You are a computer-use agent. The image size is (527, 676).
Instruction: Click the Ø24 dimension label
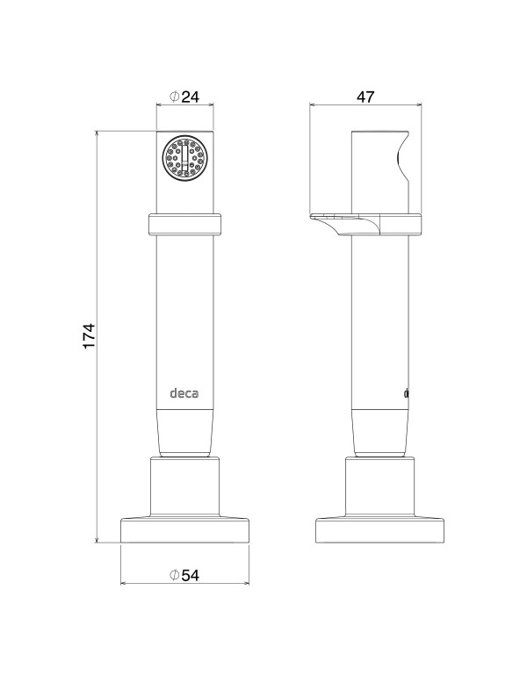184,97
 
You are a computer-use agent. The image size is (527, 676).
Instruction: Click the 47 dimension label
365,97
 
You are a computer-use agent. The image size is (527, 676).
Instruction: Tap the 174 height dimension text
89,336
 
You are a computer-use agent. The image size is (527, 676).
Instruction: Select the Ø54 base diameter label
184,575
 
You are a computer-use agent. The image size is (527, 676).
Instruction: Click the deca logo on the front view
184,393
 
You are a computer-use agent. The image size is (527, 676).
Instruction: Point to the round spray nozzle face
185,157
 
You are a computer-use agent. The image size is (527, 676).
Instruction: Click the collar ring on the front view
185,224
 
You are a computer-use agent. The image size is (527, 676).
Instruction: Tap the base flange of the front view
185,530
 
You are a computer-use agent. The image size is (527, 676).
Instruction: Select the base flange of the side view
380,530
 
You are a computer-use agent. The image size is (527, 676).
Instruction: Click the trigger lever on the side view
345,224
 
